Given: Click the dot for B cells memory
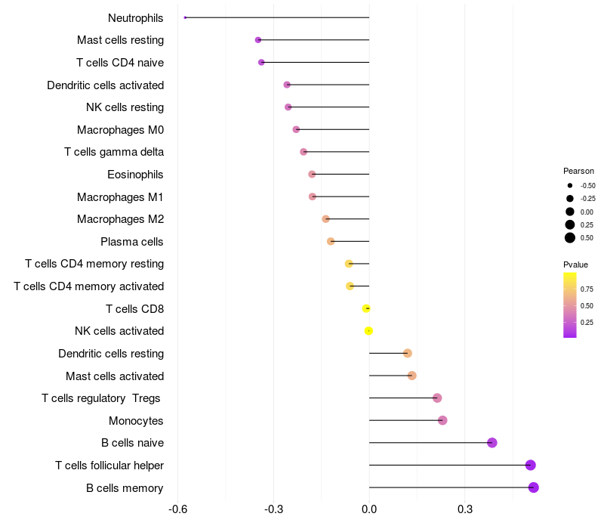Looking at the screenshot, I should (x=534, y=487).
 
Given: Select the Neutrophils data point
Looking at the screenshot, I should (x=185, y=17).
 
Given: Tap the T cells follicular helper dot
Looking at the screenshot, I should (x=531, y=465).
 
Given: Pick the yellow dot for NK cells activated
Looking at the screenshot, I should (x=368, y=331).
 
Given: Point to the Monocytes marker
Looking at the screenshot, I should (x=442, y=420).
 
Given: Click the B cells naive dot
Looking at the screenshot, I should (x=492, y=443).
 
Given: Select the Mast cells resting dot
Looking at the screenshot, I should (x=258, y=39).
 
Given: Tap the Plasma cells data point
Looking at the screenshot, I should (x=331, y=241).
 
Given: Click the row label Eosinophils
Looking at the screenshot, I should (x=135, y=175).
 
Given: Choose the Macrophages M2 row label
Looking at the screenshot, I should (x=120, y=219).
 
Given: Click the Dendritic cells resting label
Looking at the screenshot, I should (x=111, y=354).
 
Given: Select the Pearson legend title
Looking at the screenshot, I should (x=578, y=171).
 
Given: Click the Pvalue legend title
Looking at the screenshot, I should (x=575, y=264).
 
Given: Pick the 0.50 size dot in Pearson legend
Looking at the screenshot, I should (x=570, y=238).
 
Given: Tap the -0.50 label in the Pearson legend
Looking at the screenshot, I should (x=587, y=185).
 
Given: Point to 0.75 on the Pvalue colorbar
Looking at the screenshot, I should (x=587, y=289).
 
